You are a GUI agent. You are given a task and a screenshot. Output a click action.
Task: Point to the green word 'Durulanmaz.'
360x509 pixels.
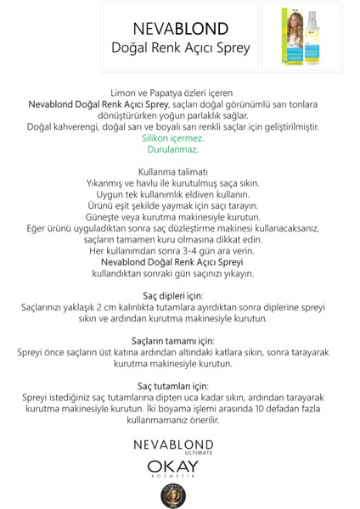(x=180, y=149)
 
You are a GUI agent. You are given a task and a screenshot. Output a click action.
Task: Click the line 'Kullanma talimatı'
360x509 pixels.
(x=180, y=172)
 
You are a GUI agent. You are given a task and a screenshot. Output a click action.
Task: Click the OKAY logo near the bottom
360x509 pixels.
(x=180, y=467)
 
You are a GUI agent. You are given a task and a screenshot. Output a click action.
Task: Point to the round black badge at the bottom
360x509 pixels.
(x=180, y=494)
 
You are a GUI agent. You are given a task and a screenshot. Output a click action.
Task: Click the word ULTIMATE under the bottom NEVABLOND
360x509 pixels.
(x=180, y=452)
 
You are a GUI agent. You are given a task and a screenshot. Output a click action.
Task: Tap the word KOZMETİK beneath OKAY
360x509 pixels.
(x=180, y=479)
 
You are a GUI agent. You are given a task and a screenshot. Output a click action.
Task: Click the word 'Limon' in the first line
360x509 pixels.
(x=126, y=91)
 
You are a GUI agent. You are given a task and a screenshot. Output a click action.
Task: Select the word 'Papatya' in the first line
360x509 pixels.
(x=173, y=91)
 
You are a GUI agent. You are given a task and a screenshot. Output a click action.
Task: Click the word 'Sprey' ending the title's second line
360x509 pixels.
(x=232, y=48)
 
